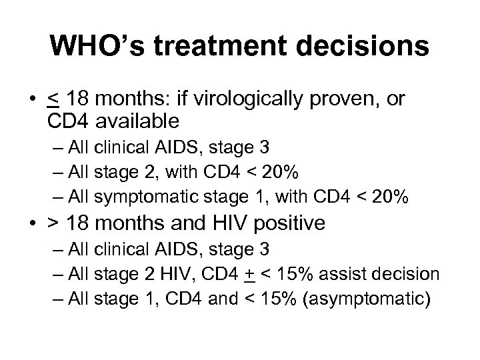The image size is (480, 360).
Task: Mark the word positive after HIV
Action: click(x=285, y=222)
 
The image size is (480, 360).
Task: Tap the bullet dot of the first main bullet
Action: click(x=33, y=101)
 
